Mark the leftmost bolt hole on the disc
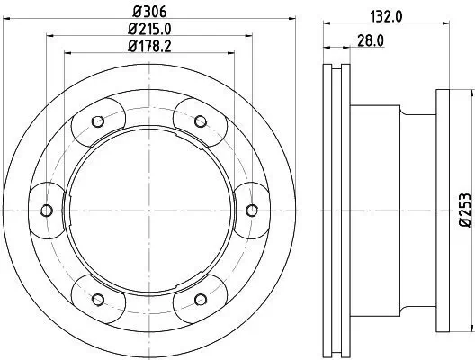point(46,211)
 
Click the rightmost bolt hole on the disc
point(252,211)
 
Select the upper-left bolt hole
point(98,122)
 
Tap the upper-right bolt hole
point(201,122)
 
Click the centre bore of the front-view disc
point(149,211)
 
